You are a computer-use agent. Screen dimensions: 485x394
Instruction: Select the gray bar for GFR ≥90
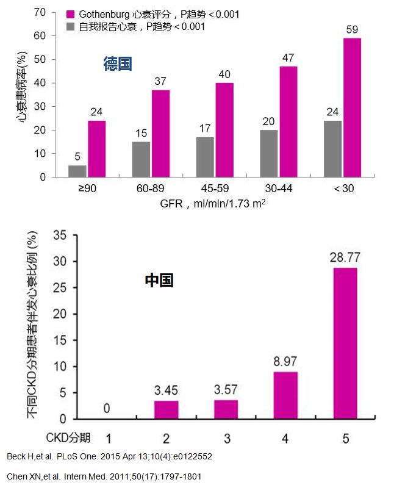tap(77, 171)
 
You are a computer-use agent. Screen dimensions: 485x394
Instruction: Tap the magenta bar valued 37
tap(160, 134)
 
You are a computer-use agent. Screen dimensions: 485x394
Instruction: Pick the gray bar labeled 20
tap(269, 154)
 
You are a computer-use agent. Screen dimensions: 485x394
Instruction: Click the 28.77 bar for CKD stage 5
tap(345, 343)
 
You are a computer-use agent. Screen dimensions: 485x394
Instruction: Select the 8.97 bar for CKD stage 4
tap(285, 395)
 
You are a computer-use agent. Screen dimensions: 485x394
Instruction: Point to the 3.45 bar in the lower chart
tap(166, 410)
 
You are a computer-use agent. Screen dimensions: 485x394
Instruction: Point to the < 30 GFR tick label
tap(343, 189)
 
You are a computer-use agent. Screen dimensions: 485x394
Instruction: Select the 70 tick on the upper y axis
tap(40, 12)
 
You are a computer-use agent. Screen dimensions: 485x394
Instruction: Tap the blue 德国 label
tap(118, 64)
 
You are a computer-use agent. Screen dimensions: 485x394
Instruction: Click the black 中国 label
tap(159, 281)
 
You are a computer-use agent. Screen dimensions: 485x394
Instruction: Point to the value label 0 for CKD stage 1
tap(107, 408)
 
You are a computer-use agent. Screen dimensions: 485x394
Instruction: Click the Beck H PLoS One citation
tap(109, 457)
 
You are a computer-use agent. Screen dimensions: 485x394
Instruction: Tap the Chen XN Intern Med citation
tap(104, 476)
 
